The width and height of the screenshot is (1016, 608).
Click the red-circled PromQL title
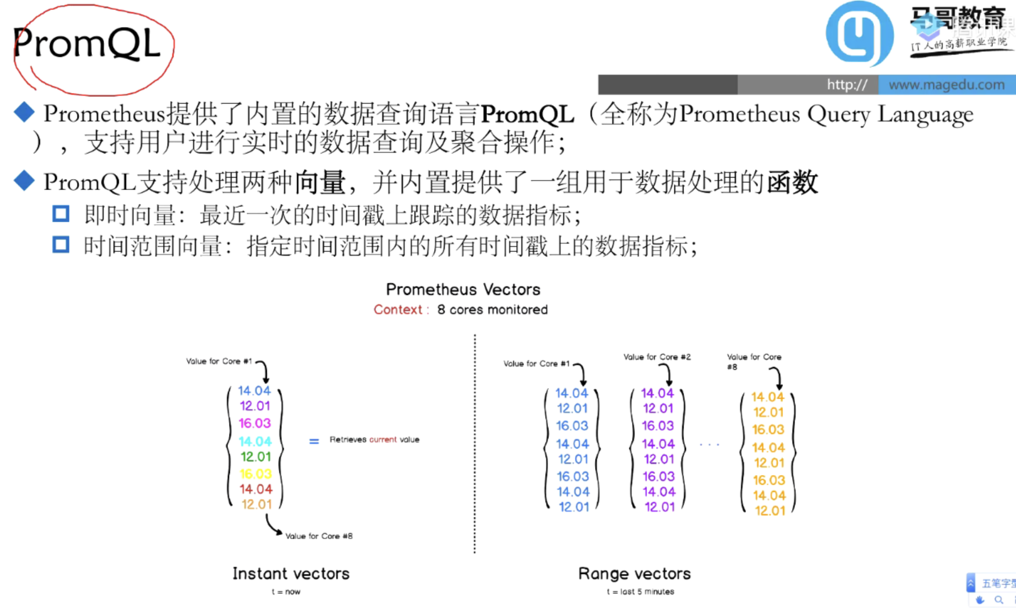point(87,43)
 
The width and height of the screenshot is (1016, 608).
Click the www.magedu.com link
point(946,85)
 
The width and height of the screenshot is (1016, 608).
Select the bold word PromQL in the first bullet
point(527,114)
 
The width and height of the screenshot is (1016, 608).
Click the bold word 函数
point(792,182)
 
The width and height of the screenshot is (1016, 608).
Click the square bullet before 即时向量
point(61,214)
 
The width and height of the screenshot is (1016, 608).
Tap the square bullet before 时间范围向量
point(61,245)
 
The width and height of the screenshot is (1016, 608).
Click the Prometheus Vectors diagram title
point(463,290)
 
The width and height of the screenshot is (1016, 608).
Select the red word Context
point(398,310)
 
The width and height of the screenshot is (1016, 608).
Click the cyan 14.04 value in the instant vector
point(255,441)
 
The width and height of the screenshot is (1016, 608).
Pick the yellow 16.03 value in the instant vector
point(256,474)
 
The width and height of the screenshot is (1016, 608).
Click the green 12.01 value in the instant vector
point(256,457)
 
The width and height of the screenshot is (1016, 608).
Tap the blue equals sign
point(314,441)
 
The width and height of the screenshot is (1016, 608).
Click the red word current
point(383,440)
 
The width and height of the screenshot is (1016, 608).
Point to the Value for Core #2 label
point(657,357)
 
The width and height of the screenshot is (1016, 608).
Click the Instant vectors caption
point(291,573)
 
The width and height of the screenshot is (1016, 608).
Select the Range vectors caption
point(634,573)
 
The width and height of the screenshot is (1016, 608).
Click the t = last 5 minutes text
point(640,592)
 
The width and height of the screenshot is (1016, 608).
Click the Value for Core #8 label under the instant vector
point(319,536)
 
